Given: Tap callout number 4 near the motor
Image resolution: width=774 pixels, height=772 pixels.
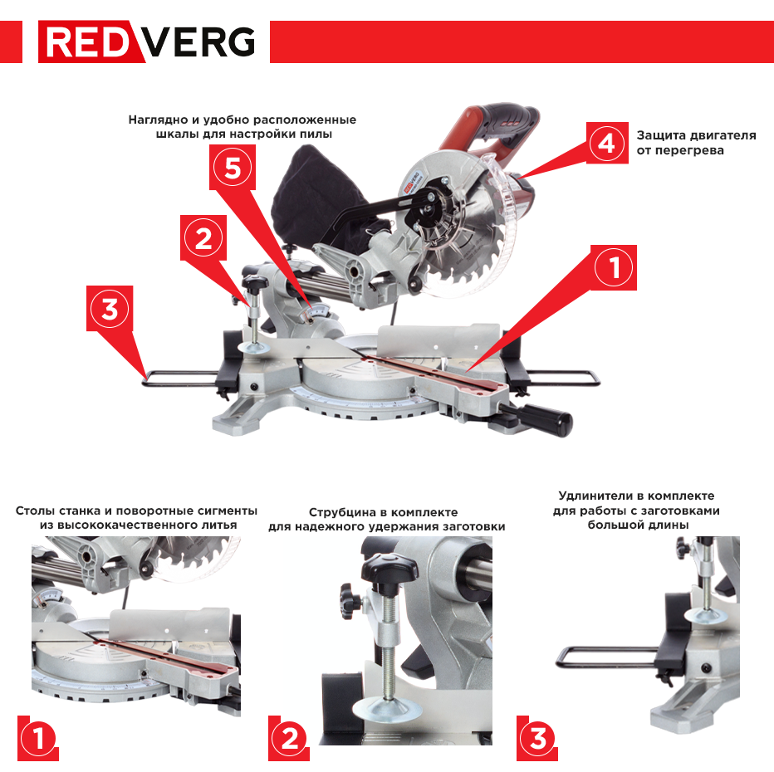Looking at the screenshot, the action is pyautogui.click(x=608, y=144).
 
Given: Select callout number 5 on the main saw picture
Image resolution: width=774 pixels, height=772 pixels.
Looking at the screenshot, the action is pyautogui.click(x=233, y=169).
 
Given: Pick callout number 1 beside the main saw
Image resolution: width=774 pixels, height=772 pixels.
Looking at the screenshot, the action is pyautogui.click(x=615, y=267).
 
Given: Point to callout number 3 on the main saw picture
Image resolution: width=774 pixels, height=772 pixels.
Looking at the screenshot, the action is pyautogui.click(x=110, y=309).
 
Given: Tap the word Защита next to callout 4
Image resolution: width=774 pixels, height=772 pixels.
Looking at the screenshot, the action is pyautogui.click(x=662, y=135).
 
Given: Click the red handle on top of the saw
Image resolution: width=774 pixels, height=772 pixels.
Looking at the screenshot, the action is pyautogui.click(x=498, y=125).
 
